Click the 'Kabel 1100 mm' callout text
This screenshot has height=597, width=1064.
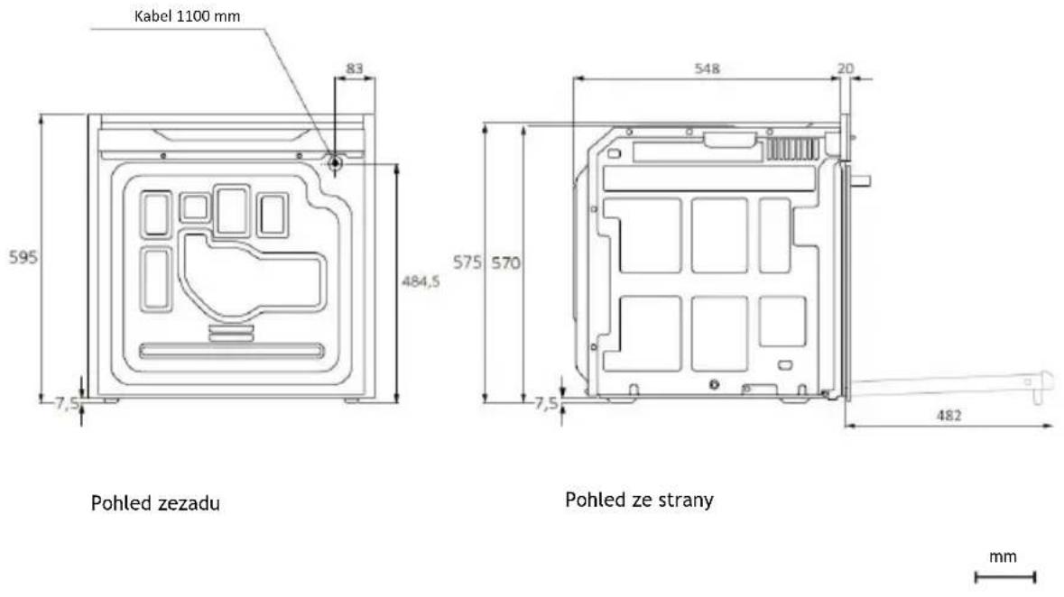click(x=188, y=16)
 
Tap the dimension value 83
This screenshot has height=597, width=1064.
click(x=354, y=68)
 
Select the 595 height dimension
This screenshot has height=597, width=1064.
click(x=23, y=257)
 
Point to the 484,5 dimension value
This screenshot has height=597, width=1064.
click(x=421, y=280)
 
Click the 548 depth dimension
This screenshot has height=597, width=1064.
click(x=707, y=68)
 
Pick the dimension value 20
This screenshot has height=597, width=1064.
click(x=846, y=68)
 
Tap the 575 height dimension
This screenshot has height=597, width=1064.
click(x=467, y=262)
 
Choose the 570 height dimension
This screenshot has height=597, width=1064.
click(x=505, y=262)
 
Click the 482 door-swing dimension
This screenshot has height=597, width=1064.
click(x=948, y=415)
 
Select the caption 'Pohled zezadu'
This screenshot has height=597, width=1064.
click(x=155, y=503)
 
